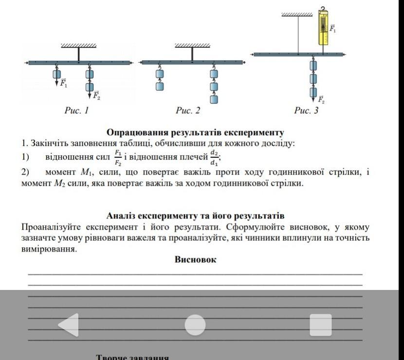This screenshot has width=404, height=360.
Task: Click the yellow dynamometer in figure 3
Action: (323, 28)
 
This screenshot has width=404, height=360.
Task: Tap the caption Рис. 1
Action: (77, 111)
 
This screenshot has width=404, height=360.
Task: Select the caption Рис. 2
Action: (188, 111)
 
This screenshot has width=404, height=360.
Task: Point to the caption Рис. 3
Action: (306, 111)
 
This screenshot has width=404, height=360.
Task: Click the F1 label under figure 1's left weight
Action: (64, 83)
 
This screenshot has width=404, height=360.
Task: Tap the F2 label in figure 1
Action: (96, 95)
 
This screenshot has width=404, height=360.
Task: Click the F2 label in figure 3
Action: (321, 101)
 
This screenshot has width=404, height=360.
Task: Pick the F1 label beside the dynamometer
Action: (333, 29)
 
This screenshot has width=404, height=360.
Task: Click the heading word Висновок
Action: (195, 260)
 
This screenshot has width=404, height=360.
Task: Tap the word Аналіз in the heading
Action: (121, 216)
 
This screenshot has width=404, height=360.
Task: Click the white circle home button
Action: (195, 325)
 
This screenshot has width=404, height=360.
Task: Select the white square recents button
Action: (320, 325)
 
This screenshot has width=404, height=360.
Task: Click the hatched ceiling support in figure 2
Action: (192, 46)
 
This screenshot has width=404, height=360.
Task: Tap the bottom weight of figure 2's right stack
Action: (214, 99)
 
